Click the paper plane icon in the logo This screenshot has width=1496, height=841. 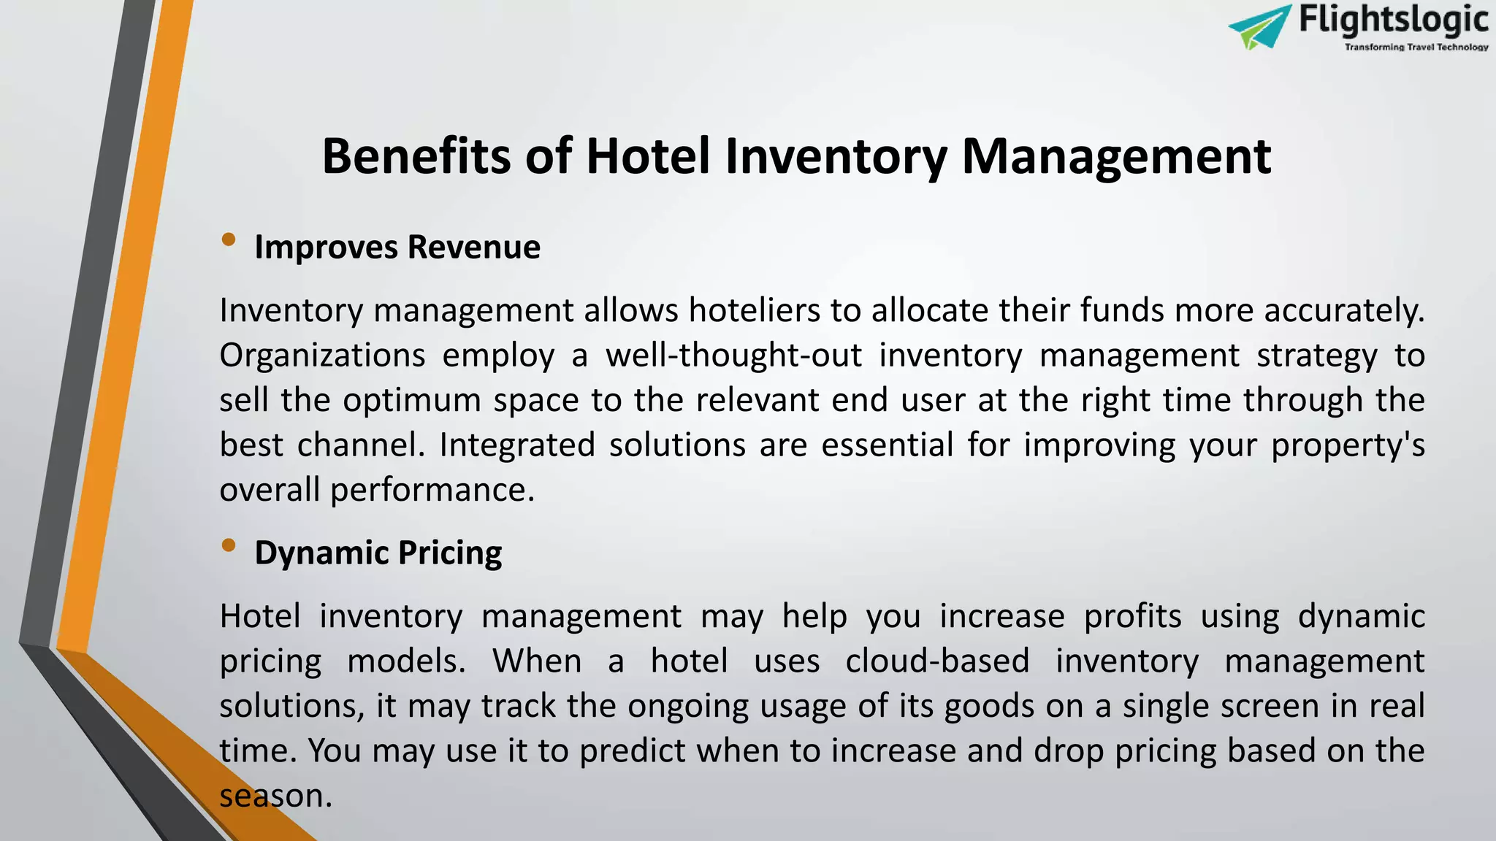coord(1260,28)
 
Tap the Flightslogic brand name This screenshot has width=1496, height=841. coord(1393,20)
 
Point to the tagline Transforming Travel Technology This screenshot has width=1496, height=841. coord(1416,47)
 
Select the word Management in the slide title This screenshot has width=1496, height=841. coord(1115,156)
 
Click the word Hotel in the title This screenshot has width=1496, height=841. coord(647,156)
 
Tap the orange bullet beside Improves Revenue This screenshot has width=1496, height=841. coord(229,239)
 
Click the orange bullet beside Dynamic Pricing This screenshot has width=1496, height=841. coord(229,545)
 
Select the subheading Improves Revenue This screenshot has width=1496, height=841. coord(397,247)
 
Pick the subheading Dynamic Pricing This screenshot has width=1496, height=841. coord(378,553)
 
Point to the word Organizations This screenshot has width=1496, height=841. coord(322,356)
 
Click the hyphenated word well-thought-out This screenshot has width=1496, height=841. coord(733,356)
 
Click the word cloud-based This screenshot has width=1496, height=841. coord(936,661)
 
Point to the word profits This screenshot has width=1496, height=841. coord(1132,617)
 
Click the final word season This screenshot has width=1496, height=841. coord(275,796)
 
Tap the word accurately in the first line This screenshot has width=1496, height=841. coord(1344,311)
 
